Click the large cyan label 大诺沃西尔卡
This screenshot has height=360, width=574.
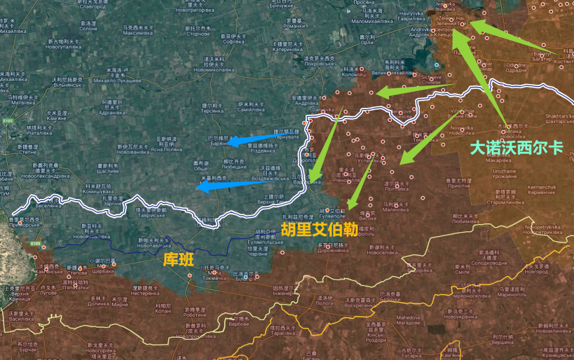(517, 147)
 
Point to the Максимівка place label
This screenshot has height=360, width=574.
(138, 33)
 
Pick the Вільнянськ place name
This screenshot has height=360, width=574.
(66, 85)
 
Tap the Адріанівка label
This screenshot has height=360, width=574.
(112, 113)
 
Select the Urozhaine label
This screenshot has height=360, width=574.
(504, 171)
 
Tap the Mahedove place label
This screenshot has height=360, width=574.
(408, 317)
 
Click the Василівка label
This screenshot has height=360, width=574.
(21, 319)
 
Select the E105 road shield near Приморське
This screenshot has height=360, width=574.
(35, 244)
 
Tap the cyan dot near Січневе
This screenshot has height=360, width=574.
(437, 65)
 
